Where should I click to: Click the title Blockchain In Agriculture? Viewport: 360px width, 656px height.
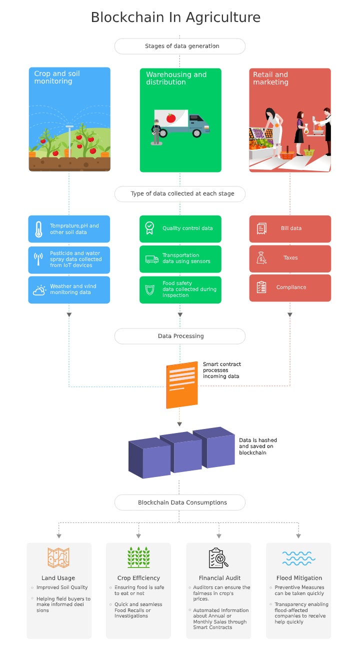coord(175,17)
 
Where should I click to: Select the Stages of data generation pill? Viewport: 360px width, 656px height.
coord(180,46)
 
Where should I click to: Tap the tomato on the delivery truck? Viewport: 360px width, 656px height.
coord(170,118)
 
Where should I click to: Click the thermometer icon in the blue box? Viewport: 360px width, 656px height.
coord(38,229)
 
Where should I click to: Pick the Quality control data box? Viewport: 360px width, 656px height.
coord(180,228)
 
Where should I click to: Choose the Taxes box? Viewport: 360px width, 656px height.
coord(290,258)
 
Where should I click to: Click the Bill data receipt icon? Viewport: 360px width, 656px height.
coord(261,228)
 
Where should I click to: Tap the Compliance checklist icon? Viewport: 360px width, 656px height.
coord(261,287)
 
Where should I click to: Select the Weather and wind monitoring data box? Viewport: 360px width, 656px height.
coord(69,289)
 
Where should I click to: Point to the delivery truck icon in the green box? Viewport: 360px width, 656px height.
coord(152,259)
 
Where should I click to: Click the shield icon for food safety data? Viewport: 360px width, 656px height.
coord(149,289)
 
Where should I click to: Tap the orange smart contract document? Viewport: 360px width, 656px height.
coord(181,384)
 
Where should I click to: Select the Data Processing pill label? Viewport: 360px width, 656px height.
coord(180,336)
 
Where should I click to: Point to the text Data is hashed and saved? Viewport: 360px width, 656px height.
coord(257,446)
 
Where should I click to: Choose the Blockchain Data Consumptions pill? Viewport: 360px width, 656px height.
coord(180,502)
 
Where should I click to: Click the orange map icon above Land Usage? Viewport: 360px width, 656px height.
coord(58,557)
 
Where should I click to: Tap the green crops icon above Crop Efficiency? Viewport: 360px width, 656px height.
coord(138,557)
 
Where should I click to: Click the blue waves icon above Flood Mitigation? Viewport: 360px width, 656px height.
coord(298,558)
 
